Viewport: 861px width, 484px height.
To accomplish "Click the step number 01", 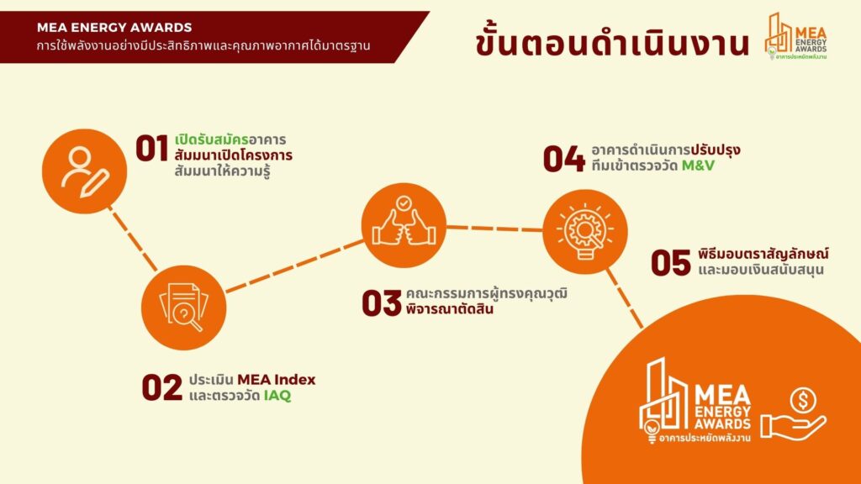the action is click(x=152, y=149).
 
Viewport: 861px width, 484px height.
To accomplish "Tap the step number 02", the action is click(x=162, y=387).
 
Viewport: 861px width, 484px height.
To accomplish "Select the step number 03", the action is click(x=382, y=302).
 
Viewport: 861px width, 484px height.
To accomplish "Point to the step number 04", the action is click(x=563, y=159).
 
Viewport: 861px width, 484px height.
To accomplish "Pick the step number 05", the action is click(x=670, y=262).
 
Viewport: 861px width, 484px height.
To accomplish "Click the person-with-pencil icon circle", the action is click(x=85, y=171).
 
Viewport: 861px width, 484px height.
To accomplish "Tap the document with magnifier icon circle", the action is click(x=183, y=308).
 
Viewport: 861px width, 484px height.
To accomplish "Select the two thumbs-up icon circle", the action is click(x=404, y=225).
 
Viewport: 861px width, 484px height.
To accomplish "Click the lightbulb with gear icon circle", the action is click(x=585, y=232).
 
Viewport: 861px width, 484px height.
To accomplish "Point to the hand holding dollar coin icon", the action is click(x=793, y=414).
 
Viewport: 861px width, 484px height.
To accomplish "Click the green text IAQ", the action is click(x=277, y=396).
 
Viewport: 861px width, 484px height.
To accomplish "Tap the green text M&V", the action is click(x=698, y=166).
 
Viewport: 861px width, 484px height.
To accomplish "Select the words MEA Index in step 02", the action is click(x=276, y=380).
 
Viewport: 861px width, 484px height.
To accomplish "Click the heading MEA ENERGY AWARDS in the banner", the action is click(x=114, y=28).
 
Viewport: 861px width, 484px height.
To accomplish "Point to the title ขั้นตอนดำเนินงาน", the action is click(x=612, y=42).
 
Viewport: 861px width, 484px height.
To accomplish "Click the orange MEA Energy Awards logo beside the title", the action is click(x=795, y=36).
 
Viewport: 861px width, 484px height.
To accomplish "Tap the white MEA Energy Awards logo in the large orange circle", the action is click(x=695, y=401).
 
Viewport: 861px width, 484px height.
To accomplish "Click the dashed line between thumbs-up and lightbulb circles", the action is click(x=494, y=228).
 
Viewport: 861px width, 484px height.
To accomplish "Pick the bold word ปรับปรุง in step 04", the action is click(x=716, y=150).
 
